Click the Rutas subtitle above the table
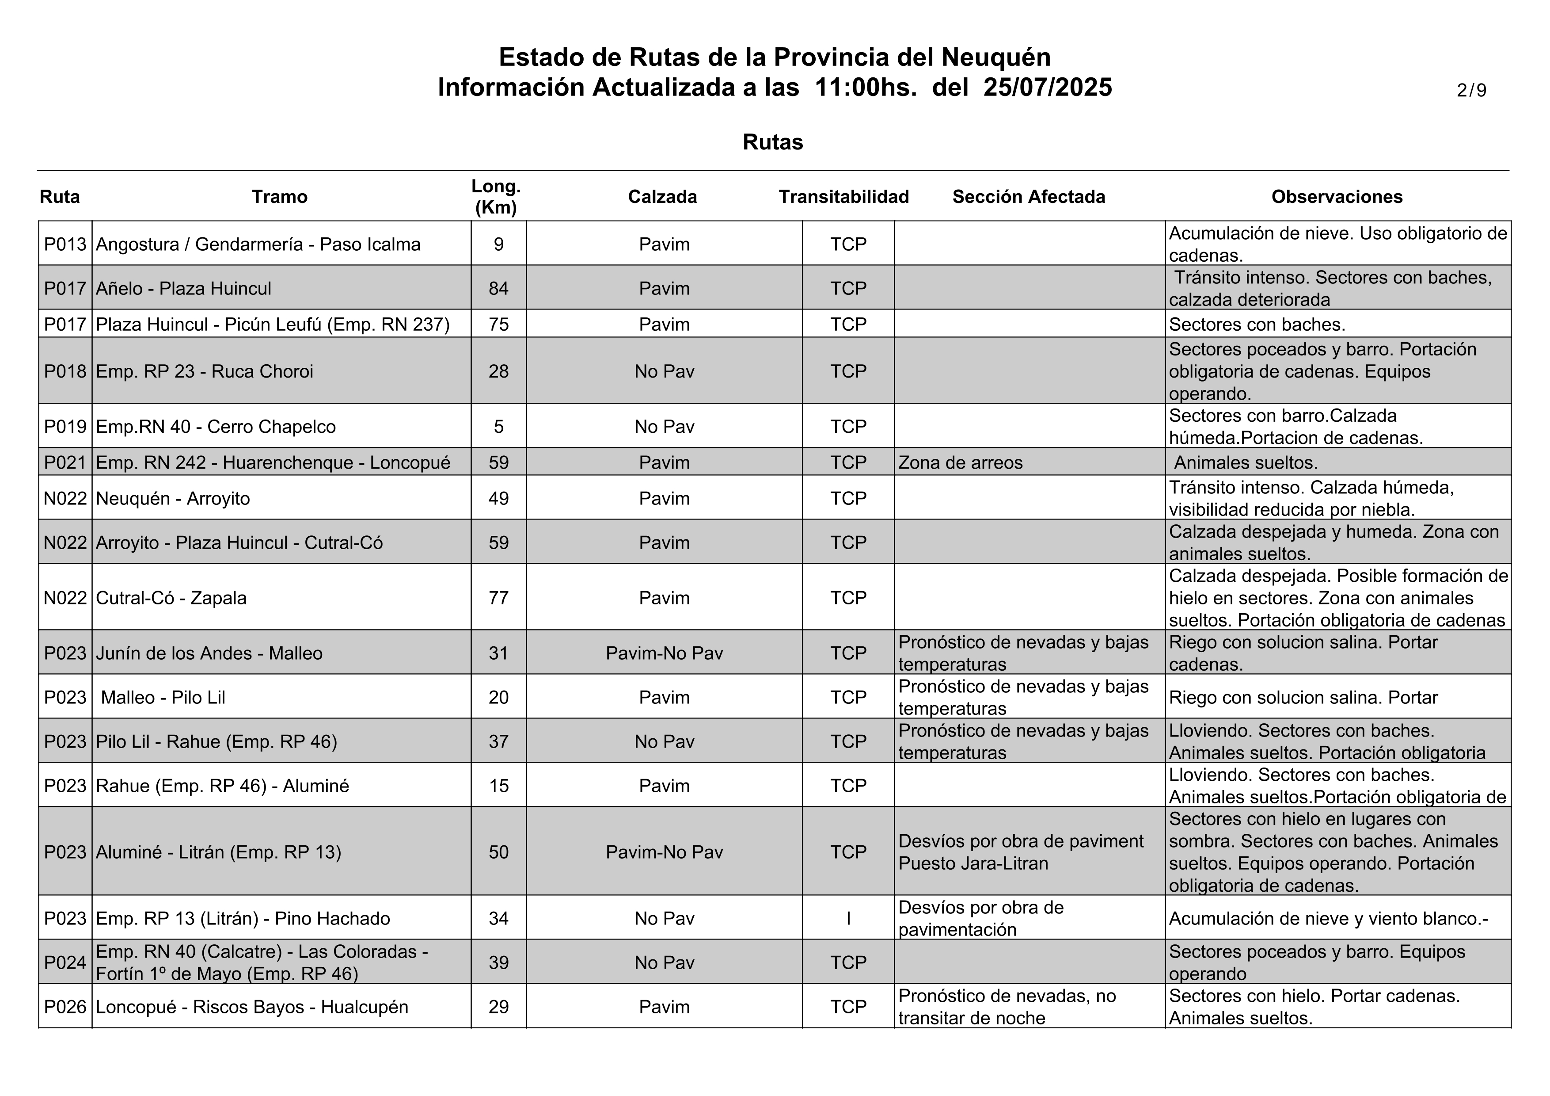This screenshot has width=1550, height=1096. tap(772, 142)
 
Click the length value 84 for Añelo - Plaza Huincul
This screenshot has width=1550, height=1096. tap(498, 288)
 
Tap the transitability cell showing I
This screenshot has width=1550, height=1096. tap(848, 918)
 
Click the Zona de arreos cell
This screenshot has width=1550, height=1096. tap(960, 462)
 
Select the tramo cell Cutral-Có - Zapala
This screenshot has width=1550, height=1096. tap(171, 598)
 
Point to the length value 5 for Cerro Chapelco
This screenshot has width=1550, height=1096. tap(498, 427)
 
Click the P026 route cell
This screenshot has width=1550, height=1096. tap(65, 1007)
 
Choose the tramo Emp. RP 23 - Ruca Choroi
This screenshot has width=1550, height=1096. tap(205, 371)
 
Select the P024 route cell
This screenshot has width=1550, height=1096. tap(65, 962)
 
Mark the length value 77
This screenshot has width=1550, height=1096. tap(498, 598)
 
